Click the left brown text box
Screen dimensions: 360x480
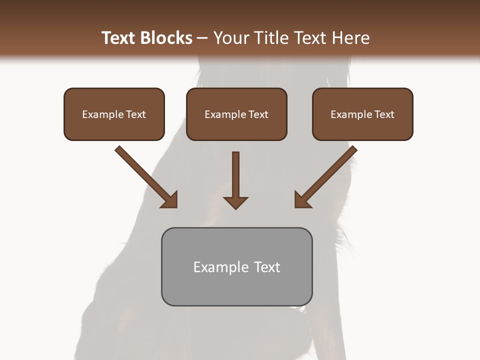[x=114, y=114]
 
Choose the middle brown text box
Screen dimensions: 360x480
[x=236, y=114]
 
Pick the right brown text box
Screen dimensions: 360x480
[x=362, y=114]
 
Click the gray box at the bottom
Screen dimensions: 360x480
[x=236, y=267]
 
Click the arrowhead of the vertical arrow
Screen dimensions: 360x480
[x=235, y=202]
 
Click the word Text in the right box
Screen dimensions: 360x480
[x=384, y=114]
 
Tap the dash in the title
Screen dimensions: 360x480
[x=202, y=38]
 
